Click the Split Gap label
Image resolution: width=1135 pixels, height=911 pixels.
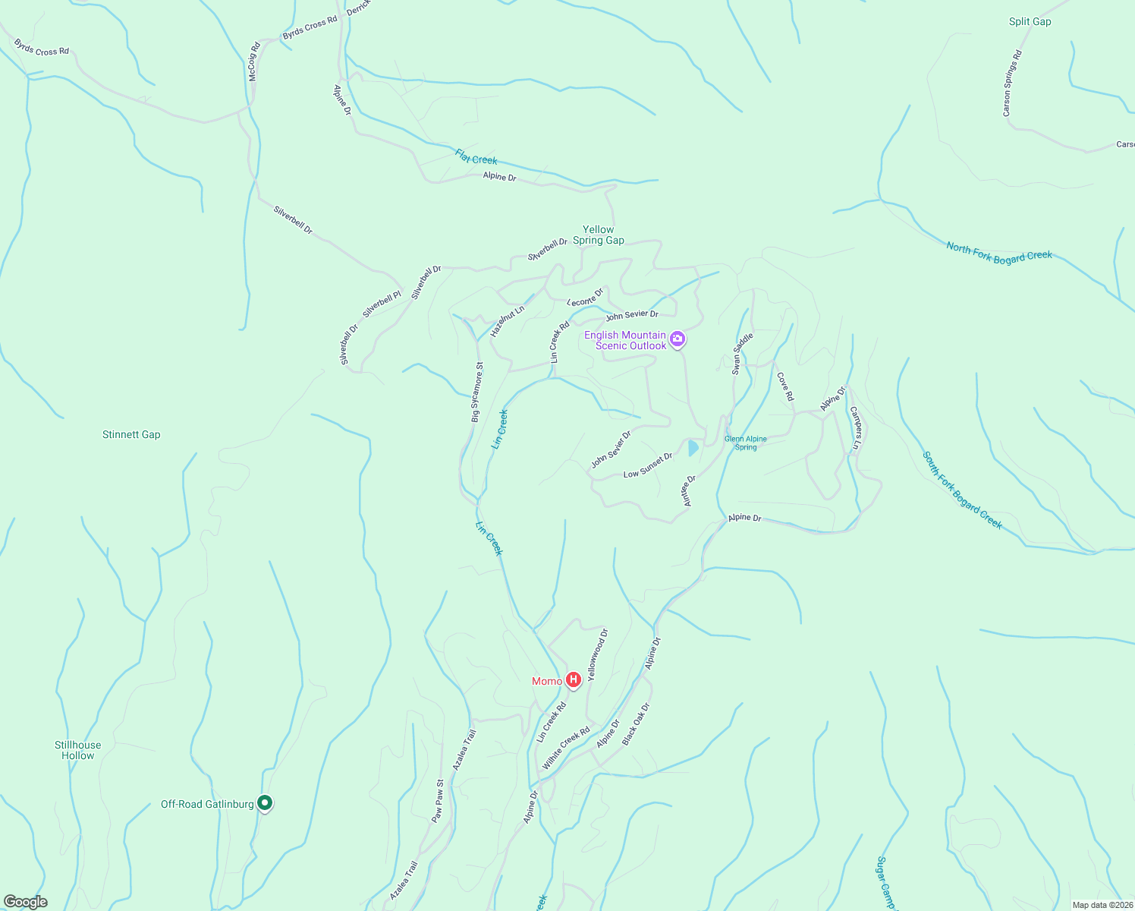(1030, 21)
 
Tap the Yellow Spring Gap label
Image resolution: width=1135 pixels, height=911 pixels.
(599, 235)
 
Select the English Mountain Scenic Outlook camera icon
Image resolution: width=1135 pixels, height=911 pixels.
(678, 339)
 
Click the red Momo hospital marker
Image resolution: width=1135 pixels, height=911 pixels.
(574, 680)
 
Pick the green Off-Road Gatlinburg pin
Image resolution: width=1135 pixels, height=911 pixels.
(264, 802)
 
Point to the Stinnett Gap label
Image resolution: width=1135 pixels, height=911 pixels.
(131, 434)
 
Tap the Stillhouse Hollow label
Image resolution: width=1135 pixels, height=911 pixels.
(77, 750)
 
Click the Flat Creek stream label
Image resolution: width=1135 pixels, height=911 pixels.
(476, 157)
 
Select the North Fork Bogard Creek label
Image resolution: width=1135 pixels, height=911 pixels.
(998, 252)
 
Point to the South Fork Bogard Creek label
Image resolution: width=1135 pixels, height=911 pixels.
(962, 490)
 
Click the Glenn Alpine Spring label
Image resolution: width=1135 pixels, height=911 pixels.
(746, 443)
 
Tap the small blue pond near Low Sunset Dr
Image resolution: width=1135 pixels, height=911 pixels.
(693, 448)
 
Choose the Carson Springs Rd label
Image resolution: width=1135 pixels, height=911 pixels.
(1012, 84)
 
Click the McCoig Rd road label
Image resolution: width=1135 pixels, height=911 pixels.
(254, 61)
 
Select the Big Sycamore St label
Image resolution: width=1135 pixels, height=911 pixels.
(476, 392)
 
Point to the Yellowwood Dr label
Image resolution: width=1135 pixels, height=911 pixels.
(598, 654)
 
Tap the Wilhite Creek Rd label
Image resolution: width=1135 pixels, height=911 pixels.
(566, 749)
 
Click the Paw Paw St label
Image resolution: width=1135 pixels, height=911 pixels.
(438, 801)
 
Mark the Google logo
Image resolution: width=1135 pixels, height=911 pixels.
(26, 902)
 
